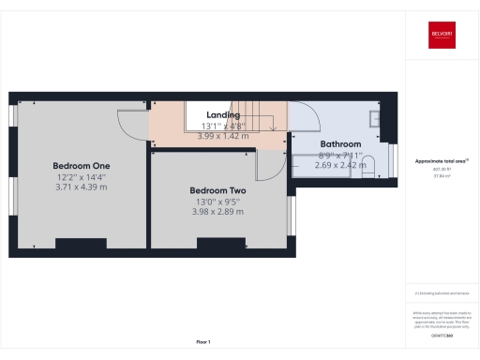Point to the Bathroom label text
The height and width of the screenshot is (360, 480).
(x=340, y=143)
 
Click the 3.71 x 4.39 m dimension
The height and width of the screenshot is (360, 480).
(x=81, y=187)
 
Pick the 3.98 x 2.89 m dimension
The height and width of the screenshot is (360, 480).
(x=217, y=211)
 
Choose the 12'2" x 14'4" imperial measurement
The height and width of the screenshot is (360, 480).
(x=81, y=175)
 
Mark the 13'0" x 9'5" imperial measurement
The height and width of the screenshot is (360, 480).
(x=217, y=200)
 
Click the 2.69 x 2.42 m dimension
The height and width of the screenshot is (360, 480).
(x=340, y=165)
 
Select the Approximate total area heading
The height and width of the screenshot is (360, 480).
(x=440, y=161)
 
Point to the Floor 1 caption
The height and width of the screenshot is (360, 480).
(x=203, y=341)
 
